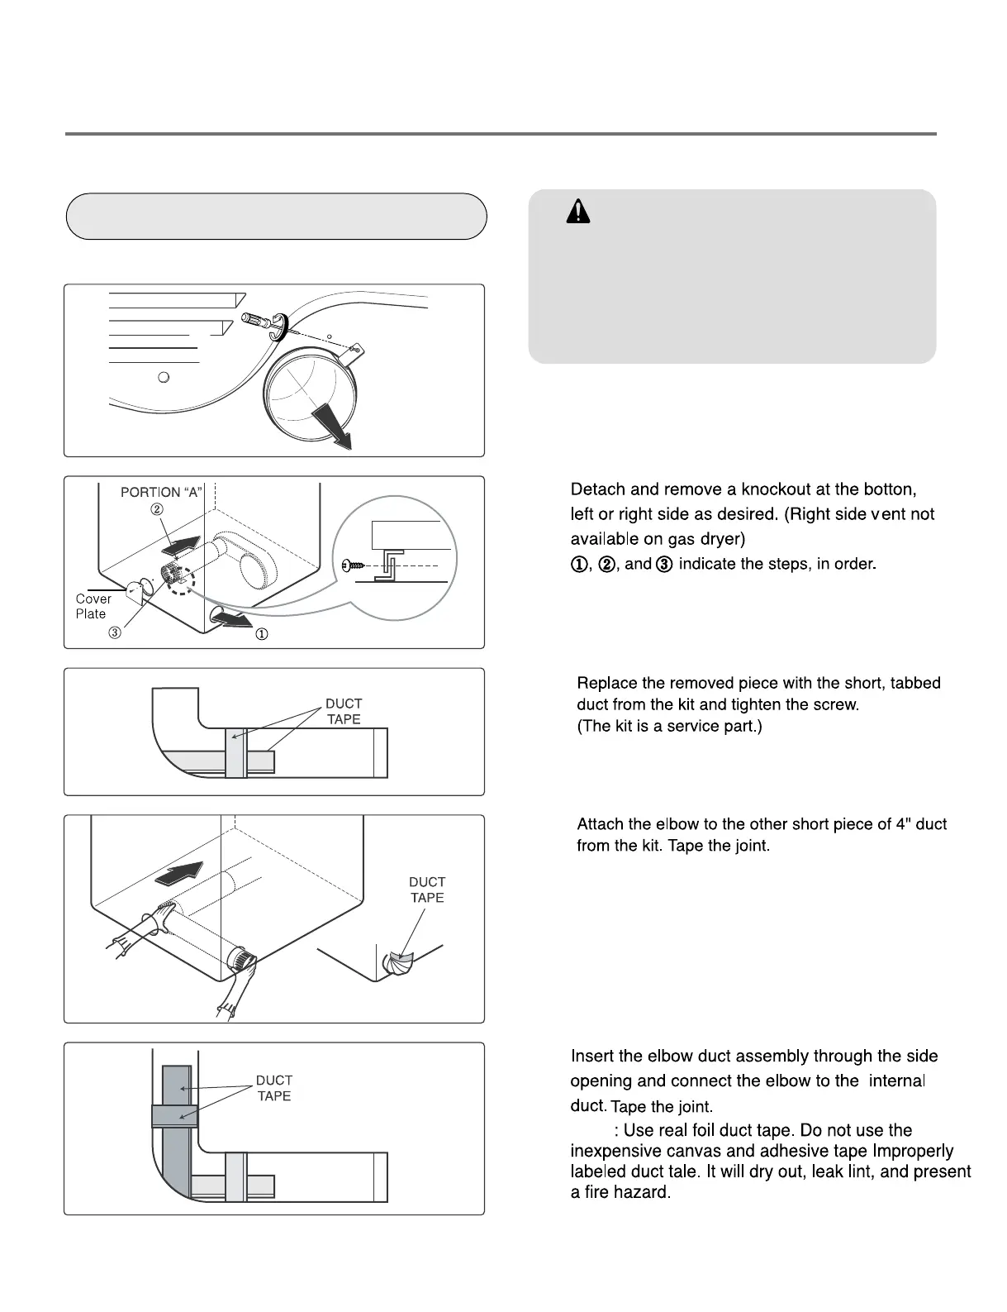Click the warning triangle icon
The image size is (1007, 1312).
(578, 212)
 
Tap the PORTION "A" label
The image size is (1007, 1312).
(162, 492)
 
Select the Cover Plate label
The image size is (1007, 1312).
(93, 606)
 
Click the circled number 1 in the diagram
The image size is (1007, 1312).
(261, 635)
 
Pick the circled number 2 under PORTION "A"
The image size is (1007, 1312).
(156, 509)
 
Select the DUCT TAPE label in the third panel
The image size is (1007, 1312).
(344, 711)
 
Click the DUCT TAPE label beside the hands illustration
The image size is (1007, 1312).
(427, 890)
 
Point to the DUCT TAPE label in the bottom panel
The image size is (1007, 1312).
(274, 1087)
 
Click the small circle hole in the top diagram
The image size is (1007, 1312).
(164, 377)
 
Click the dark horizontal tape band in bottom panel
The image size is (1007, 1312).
(174, 1115)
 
